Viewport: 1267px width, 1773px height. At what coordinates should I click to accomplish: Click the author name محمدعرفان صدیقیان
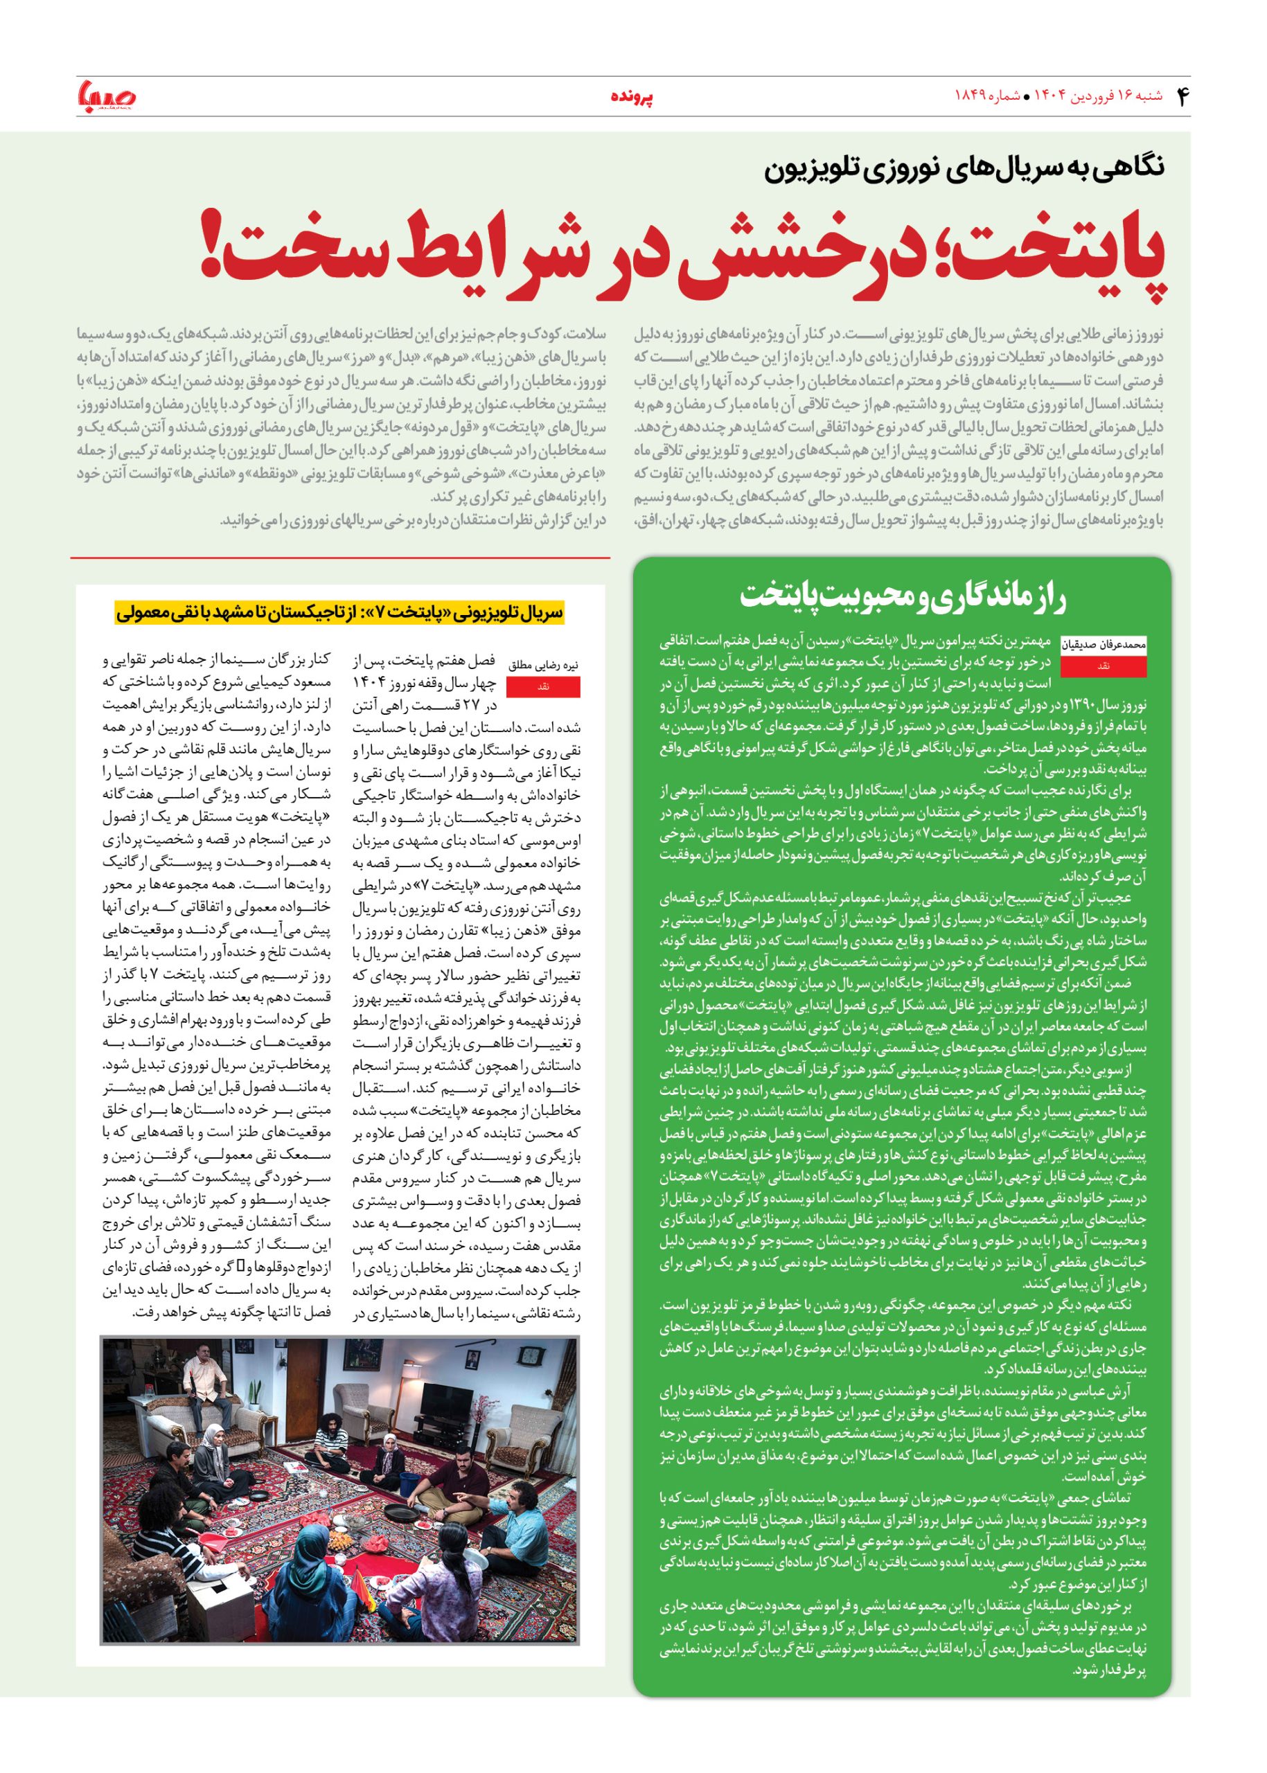tap(1103, 645)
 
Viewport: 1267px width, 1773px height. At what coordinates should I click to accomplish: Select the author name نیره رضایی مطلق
tap(543, 666)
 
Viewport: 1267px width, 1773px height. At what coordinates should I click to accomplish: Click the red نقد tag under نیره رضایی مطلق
tap(543, 686)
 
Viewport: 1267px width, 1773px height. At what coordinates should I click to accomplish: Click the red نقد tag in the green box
tap(1103, 666)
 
